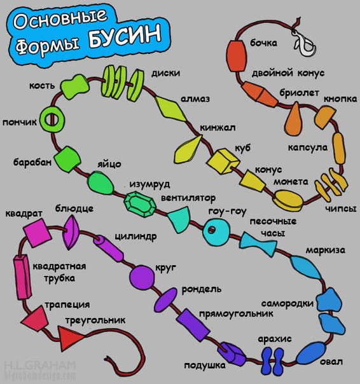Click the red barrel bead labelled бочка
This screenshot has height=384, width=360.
[x=236, y=56]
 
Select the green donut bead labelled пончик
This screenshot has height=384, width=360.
[x=52, y=120]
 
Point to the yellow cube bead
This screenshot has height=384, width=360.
[x=223, y=161]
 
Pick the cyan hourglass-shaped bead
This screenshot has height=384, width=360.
[x=258, y=244]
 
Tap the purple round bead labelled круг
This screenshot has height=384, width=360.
[x=142, y=277]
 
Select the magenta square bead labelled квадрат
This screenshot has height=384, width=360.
[x=38, y=233]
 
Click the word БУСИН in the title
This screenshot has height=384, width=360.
[x=125, y=36]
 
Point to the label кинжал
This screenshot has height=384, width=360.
[x=218, y=128]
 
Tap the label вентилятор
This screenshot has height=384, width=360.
[x=188, y=198]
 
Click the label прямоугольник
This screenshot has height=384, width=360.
[x=236, y=313]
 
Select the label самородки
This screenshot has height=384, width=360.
[x=287, y=303]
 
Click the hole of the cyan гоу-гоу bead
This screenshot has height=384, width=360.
[x=212, y=230]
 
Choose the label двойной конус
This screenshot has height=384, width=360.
[x=288, y=73]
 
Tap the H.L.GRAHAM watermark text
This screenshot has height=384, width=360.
[x=41, y=366]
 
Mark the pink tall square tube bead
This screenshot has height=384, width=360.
[x=22, y=277]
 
